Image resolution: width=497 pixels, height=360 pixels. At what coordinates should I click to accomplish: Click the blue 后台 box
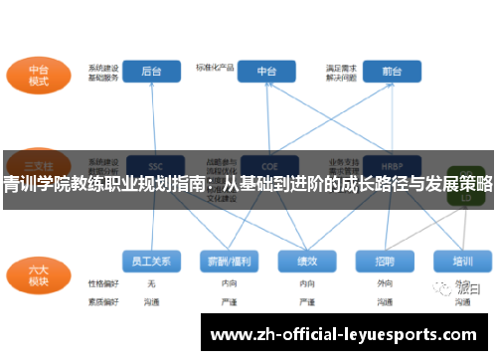click(152, 72)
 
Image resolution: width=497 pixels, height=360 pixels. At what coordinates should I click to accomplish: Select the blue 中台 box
click(267, 72)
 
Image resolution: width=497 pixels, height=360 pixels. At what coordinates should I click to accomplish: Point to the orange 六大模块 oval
click(37, 274)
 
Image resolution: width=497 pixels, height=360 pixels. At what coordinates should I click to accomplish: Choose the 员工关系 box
click(152, 262)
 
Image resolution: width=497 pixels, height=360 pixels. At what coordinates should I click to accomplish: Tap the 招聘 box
click(385, 262)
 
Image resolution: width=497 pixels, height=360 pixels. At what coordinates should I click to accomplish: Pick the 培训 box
click(462, 262)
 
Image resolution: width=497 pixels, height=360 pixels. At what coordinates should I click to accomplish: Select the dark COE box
click(267, 164)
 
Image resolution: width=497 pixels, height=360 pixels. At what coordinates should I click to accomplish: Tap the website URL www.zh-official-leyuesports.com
click(348, 332)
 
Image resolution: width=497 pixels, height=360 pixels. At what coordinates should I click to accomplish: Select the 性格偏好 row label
click(102, 283)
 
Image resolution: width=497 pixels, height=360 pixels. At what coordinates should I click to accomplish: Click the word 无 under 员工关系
click(151, 283)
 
